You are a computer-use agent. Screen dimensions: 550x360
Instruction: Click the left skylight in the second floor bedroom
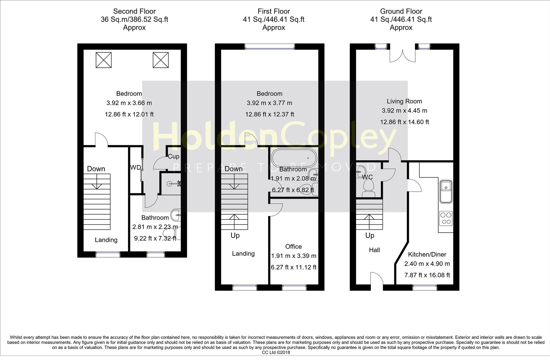point(103,60)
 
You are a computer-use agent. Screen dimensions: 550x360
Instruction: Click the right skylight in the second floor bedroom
point(160,60)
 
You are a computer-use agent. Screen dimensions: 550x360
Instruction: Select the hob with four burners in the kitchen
point(446,218)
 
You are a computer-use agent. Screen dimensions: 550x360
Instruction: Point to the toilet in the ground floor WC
point(368,188)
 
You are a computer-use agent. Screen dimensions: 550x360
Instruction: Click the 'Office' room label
point(294,246)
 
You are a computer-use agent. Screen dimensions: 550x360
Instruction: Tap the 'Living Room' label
point(404,101)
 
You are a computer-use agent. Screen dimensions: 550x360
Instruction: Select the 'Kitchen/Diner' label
point(427,254)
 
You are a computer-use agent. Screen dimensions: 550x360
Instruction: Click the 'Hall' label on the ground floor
point(374,250)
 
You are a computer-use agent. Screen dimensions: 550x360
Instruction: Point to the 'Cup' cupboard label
point(173,156)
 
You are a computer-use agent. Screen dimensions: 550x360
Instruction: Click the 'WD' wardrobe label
point(135,167)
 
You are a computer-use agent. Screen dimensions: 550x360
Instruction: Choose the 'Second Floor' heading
point(134,11)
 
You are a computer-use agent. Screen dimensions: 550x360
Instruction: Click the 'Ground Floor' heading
point(401,11)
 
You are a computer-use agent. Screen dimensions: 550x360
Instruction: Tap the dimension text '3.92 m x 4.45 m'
point(404,110)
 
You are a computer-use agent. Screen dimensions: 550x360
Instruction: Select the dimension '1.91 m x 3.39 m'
point(294,256)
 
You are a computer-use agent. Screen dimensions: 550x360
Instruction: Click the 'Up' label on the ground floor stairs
point(370,235)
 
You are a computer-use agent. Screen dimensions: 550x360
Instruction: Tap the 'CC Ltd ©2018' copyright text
point(276,352)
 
